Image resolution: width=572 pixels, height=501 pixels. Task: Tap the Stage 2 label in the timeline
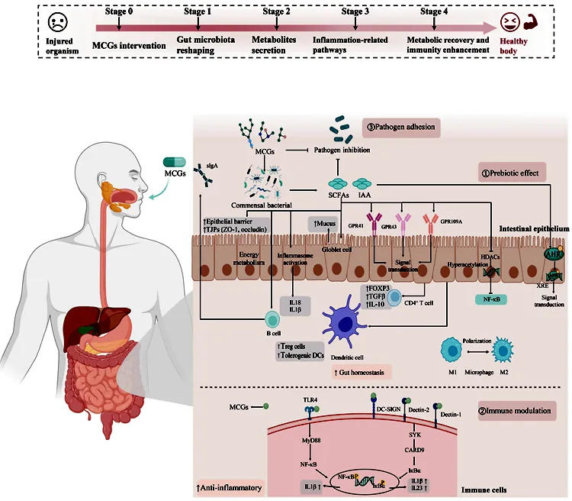point(276,11)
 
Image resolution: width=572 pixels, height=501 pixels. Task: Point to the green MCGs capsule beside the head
point(175,163)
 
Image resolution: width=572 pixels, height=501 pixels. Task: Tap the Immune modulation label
point(515,411)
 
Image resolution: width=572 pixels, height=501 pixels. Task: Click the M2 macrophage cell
point(504,353)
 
